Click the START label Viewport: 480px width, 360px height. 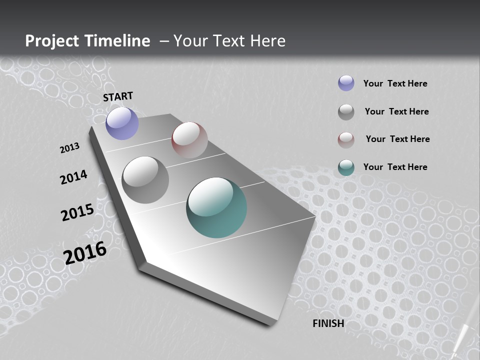click(118, 96)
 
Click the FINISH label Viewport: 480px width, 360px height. click(328, 323)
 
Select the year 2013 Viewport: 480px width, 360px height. click(70, 148)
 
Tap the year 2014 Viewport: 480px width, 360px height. click(74, 177)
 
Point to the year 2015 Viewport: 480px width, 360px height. click(77, 212)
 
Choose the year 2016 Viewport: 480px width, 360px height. click(85, 252)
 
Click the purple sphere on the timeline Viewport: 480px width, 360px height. click(122, 123)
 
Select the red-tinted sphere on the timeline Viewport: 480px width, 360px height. click(189, 140)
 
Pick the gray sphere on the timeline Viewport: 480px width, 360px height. click(145, 179)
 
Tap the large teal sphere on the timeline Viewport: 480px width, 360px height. click(216, 207)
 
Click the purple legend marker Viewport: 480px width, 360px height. click(346, 83)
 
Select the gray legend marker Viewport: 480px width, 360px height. click(346, 112)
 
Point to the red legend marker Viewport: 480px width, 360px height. click(346, 139)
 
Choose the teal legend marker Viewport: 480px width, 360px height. click(346, 167)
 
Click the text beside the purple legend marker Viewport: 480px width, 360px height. click(395, 83)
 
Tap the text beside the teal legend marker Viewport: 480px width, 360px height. click(395, 167)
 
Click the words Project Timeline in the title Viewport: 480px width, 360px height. click(87, 41)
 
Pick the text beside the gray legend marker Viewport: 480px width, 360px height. click(396, 111)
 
